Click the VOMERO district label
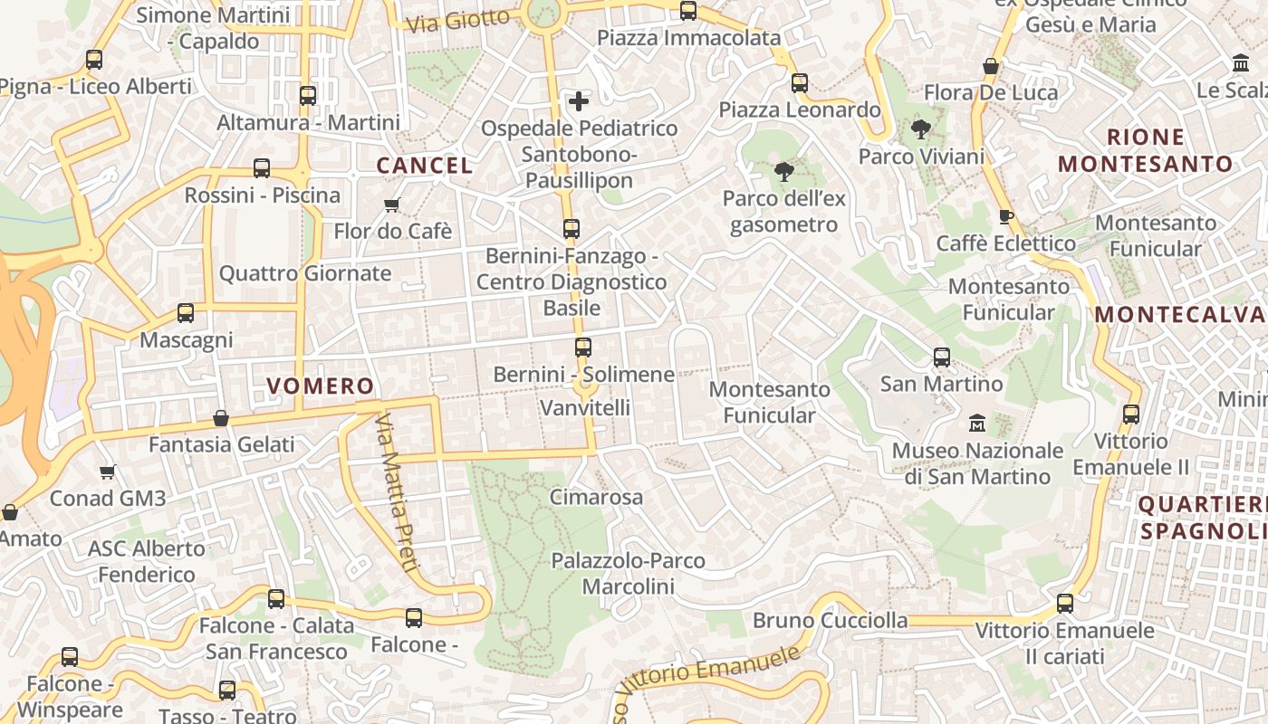click(321, 386)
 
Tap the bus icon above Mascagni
click(186, 313)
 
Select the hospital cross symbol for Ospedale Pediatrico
click(578, 100)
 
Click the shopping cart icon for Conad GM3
click(108, 472)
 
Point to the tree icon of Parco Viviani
click(921, 129)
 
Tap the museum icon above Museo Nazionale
click(977, 423)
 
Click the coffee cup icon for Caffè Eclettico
click(1005, 216)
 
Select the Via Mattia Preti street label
click(398, 493)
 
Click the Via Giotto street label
click(458, 21)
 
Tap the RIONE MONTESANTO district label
click(1146, 151)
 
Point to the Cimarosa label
click(596, 497)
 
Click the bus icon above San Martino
click(942, 357)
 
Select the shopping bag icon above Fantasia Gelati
click(221, 418)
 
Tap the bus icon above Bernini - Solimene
click(583, 348)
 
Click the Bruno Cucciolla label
click(831, 621)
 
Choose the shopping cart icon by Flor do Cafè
click(392, 205)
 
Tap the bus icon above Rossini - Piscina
click(262, 168)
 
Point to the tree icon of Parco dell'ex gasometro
click(784, 171)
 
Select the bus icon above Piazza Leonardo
click(800, 83)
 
